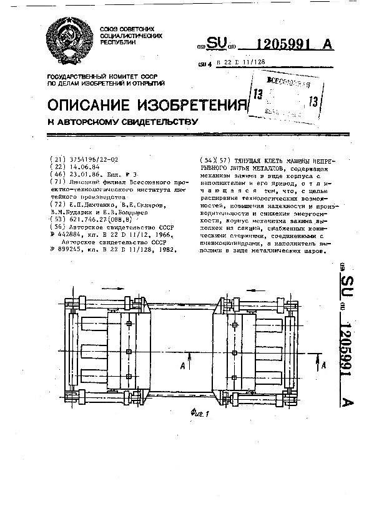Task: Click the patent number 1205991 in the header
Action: (x=285, y=44)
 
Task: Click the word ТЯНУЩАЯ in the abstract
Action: (x=245, y=160)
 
